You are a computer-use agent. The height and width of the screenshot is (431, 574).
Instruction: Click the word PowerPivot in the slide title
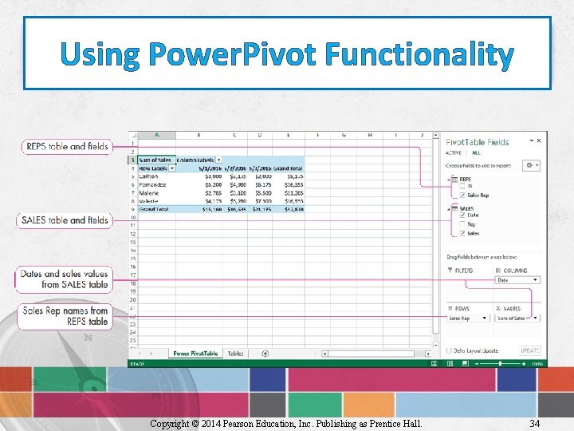tap(229, 55)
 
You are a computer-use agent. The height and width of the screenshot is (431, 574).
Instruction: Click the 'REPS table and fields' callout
tap(67, 147)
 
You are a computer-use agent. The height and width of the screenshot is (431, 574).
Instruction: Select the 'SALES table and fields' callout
tap(65, 220)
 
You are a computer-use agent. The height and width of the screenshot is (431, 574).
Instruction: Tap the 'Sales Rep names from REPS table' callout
tap(65, 316)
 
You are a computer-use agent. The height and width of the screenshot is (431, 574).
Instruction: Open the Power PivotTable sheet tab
tap(195, 353)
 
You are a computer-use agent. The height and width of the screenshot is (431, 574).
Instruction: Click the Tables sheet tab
tap(235, 353)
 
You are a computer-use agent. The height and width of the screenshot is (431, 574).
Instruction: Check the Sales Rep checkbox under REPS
tap(462, 195)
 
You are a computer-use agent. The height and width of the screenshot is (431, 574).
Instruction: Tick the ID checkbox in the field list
tap(462, 187)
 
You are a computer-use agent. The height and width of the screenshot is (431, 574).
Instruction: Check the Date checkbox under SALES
tap(462, 215)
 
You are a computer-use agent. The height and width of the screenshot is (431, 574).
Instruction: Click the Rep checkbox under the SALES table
tap(462, 225)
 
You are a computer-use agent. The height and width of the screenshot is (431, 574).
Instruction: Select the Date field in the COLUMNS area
tap(517, 280)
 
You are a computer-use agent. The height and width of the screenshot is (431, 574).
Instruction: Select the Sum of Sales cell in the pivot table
tap(155, 160)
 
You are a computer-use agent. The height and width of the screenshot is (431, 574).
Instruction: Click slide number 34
tap(534, 423)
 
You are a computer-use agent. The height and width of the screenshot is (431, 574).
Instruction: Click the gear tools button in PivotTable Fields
tap(530, 165)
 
